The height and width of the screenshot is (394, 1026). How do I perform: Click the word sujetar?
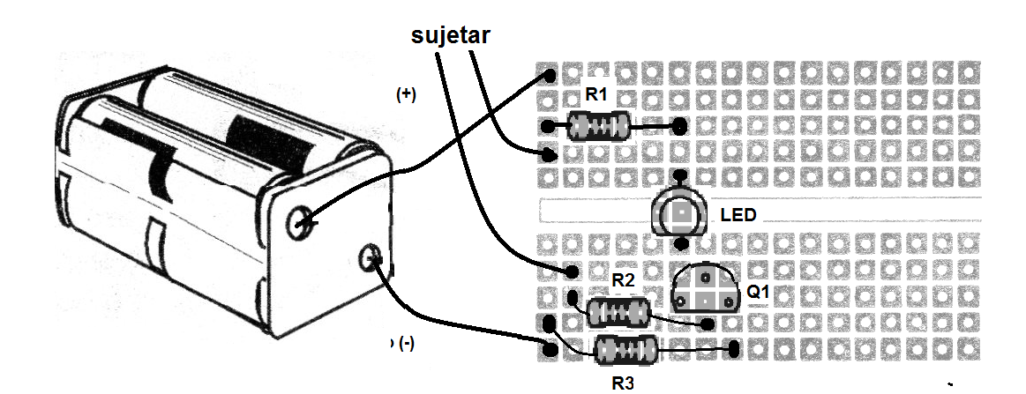click(x=450, y=35)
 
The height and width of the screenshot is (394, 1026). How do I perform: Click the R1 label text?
click(x=597, y=94)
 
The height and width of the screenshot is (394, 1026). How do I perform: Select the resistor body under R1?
click(x=599, y=127)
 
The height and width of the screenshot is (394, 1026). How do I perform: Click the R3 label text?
click(x=624, y=382)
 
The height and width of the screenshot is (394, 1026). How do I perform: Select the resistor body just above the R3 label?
click(x=624, y=350)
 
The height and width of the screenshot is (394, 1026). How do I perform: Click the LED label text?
click(x=738, y=214)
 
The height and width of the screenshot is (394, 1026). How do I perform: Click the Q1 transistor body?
click(x=706, y=288)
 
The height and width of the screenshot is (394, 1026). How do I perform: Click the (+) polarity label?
click(x=407, y=95)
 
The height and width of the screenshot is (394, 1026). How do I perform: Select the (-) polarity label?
click(x=406, y=343)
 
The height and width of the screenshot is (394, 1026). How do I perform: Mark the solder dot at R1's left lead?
click(x=549, y=127)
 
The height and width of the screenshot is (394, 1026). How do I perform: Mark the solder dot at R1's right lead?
click(x=679, y=127)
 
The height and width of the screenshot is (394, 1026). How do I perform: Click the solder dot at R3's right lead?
click(x=734, y=351)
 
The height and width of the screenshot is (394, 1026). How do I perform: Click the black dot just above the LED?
click(x=680, y=180)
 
